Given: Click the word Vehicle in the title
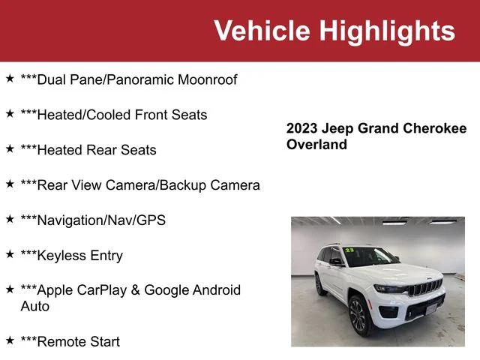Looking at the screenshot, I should [x=262, y=31].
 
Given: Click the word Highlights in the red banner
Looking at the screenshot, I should [x=386, y=31].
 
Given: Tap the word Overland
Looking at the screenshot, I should [x=316, y=145].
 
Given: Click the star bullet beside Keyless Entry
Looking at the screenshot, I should [x=10, y=254].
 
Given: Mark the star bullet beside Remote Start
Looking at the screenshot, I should [x=10, y=340].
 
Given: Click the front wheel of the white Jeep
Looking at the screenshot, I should [x=358, y=316].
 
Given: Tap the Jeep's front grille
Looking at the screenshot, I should [x=425, y=288].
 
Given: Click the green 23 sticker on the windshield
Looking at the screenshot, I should [x=349, y=250].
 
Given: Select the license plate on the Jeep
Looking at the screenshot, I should [x=434, y=306].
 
